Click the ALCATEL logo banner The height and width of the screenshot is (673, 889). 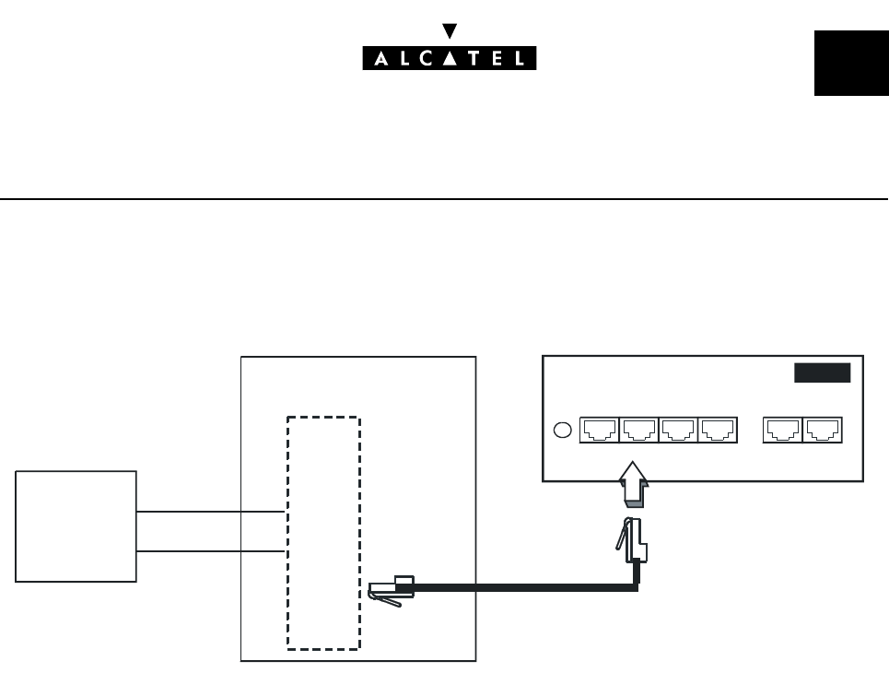448,58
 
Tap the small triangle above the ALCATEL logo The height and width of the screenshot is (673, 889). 449,30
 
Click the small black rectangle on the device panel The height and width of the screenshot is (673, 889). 823,373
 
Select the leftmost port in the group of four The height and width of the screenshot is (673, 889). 599,429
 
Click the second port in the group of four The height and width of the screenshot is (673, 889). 638,429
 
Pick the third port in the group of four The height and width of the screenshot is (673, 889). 678,429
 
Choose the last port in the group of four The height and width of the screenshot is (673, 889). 718,429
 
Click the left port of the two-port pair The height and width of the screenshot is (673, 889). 783,429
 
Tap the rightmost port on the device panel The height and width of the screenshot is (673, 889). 823,429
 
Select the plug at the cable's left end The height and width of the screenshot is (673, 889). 387,590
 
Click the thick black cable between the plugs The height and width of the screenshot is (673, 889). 516,587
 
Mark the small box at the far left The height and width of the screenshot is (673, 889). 76,525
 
